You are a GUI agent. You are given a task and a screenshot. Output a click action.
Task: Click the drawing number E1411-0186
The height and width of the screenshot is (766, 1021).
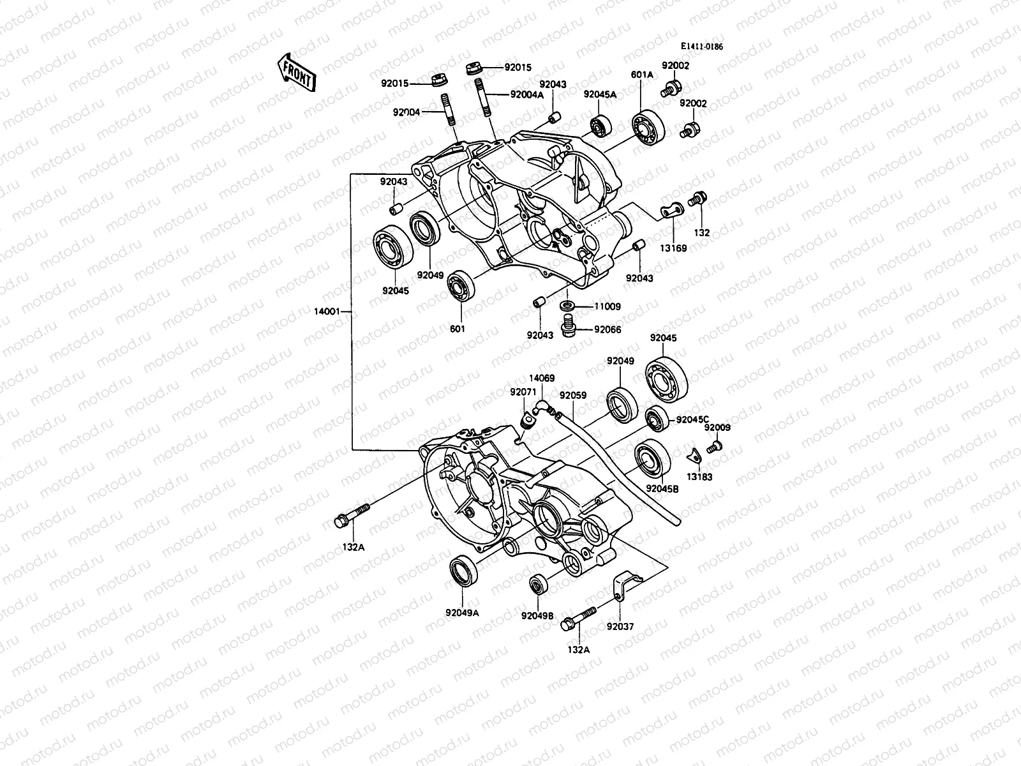[705, 47]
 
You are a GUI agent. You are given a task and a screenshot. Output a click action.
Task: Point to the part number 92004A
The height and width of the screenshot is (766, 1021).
[526, 94]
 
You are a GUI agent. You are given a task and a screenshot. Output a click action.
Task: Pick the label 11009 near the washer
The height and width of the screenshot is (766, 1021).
[607, 306]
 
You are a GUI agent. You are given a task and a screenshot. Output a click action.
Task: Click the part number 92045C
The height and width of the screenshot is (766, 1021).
[692, 419]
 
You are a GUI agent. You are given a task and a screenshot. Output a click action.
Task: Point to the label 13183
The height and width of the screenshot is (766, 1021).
[699, 477]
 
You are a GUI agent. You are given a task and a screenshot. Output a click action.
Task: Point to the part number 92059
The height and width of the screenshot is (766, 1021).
[572, 395]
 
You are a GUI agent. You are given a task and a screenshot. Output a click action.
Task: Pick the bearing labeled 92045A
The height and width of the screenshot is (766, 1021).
[601, 126]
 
